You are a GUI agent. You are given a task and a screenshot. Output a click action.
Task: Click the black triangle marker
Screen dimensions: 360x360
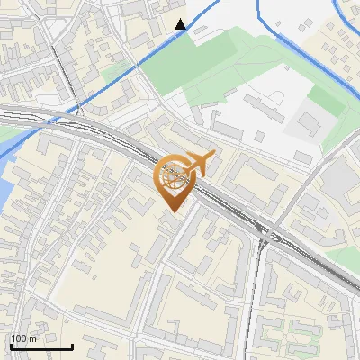coord(181,24)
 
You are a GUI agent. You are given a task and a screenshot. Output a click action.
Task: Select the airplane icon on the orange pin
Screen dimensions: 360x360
coord(199,164)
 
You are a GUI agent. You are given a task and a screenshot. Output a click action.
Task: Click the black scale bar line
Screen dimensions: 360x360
coord(41,346)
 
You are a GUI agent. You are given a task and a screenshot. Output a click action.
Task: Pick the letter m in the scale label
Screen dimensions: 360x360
coord(33,338)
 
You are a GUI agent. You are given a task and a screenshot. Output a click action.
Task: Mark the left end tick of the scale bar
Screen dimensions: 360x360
coord(11,345)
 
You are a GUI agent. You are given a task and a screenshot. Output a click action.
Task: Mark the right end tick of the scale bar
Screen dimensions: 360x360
coord(72,345)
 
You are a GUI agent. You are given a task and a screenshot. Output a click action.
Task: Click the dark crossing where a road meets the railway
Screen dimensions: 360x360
coord(269,235)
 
